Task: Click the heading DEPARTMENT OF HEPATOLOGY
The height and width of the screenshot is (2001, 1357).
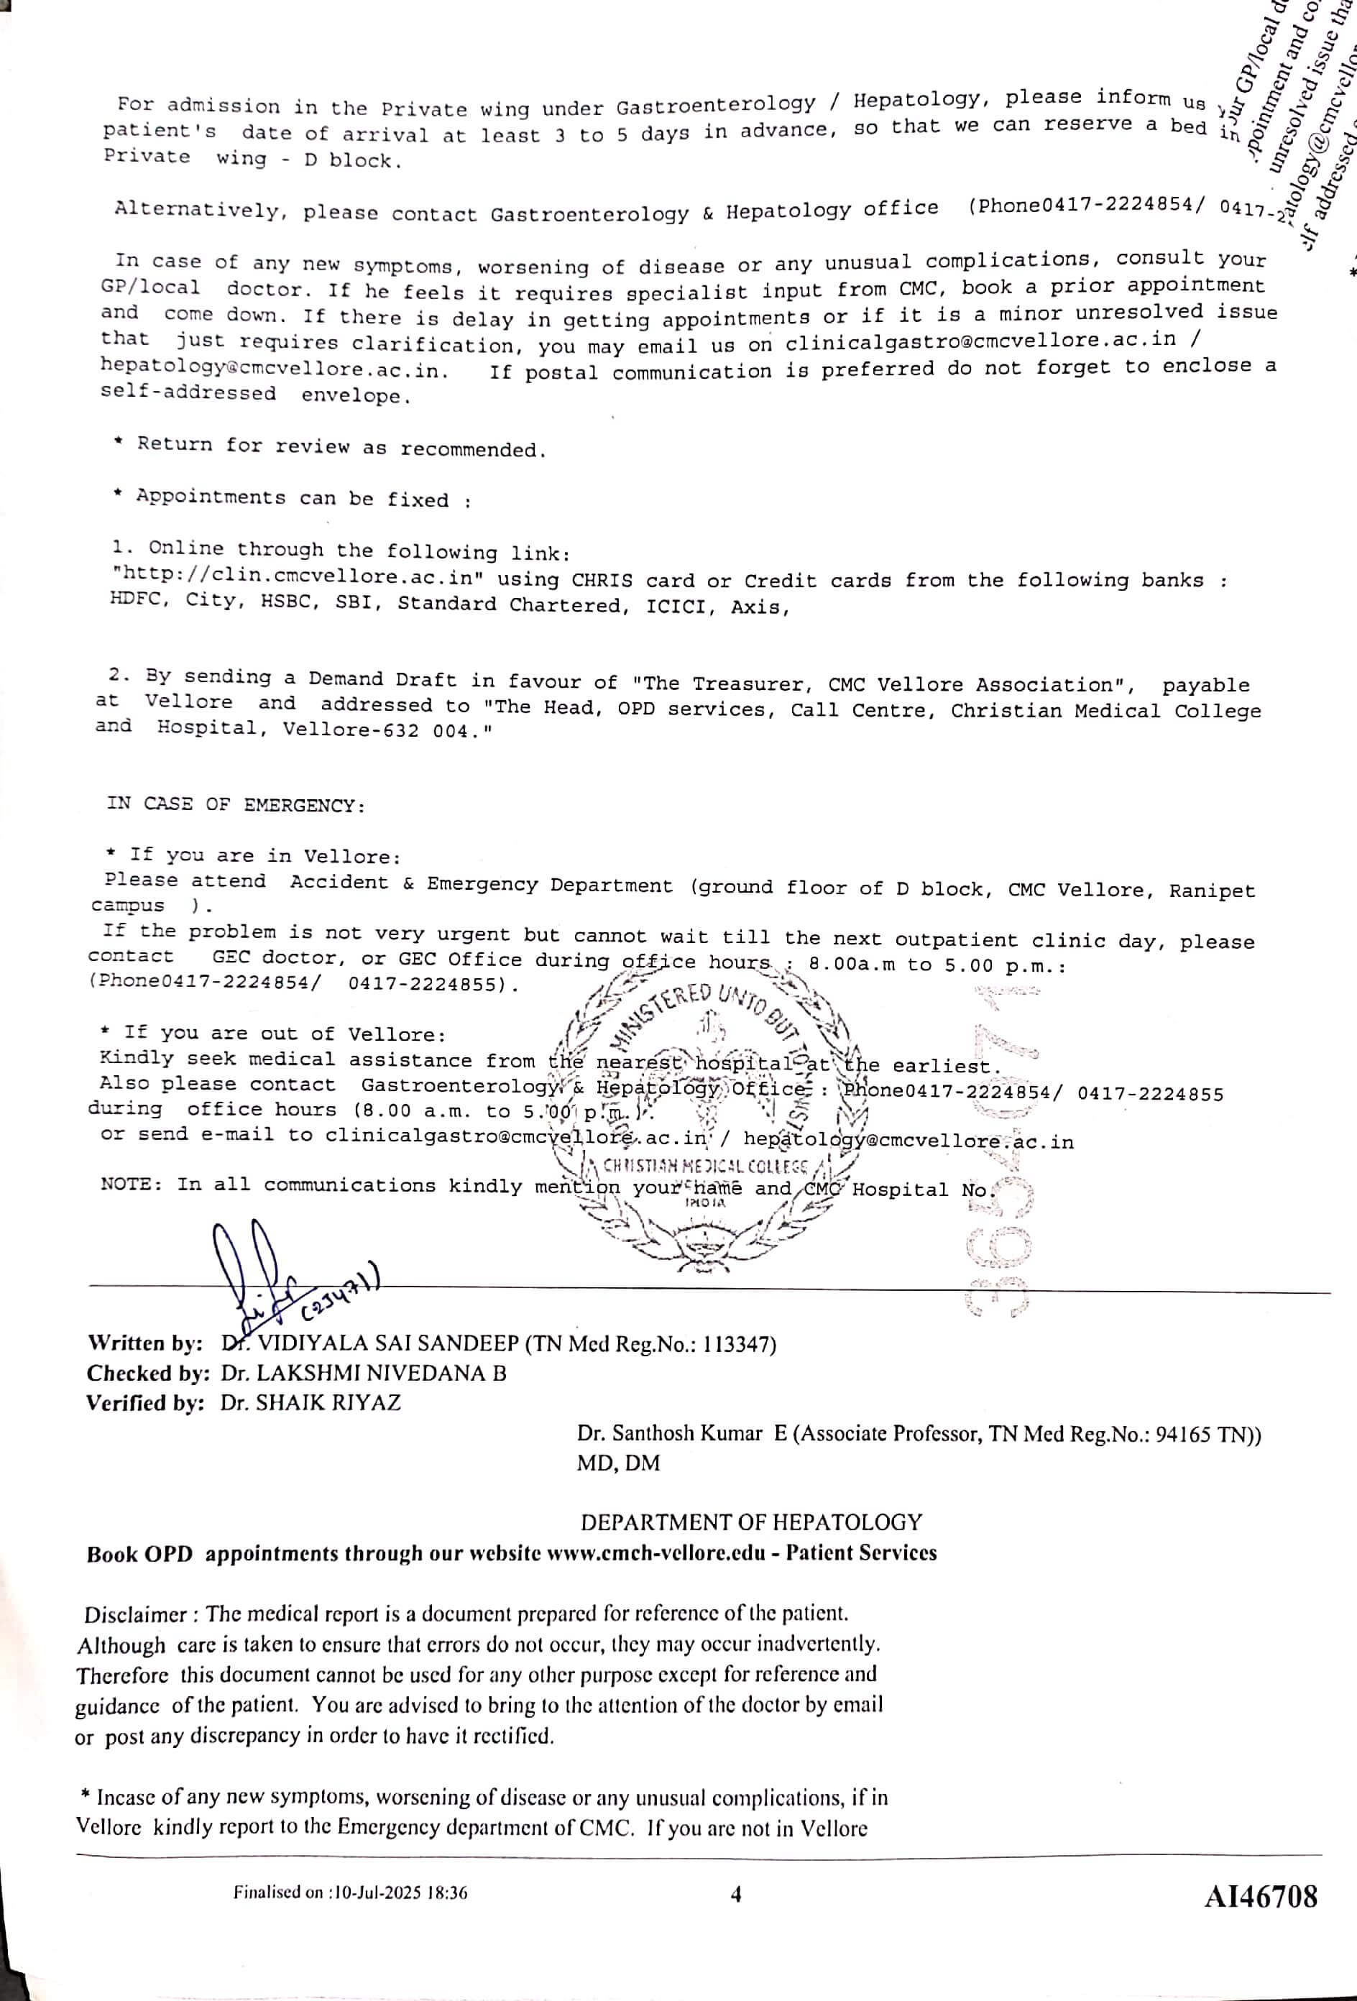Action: pos(751,1522)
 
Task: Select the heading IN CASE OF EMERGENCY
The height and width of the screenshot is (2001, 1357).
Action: pos(236,805)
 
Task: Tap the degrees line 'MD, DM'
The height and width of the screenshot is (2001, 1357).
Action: pos(618,1463)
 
